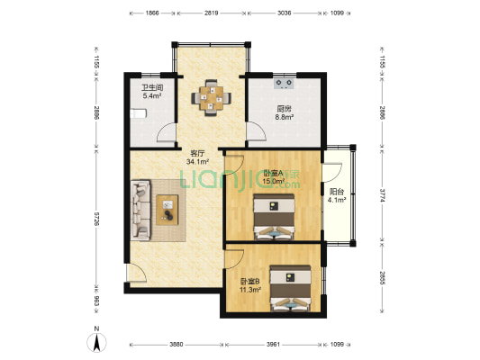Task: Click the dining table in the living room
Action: point(211,98)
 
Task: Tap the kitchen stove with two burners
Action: point(284,83)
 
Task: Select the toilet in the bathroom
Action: point(139,113)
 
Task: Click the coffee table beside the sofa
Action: point(168,210)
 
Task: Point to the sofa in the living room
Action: point(140,210)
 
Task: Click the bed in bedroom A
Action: point(274,217)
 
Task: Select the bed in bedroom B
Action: point(290,288)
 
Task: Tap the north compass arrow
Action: point(96,343)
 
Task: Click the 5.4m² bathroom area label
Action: point(152,96)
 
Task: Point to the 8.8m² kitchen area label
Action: point(285,117)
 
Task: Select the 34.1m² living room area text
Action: point(197,162)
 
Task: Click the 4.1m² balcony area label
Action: point(337,200)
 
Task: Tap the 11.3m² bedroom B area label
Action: point(250,289)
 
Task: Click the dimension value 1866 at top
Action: point(152,13)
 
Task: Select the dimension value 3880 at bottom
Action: point(177,345)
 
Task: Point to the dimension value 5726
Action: point(96,219)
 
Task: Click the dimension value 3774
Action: point(383,194)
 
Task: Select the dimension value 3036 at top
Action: point(284,13)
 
